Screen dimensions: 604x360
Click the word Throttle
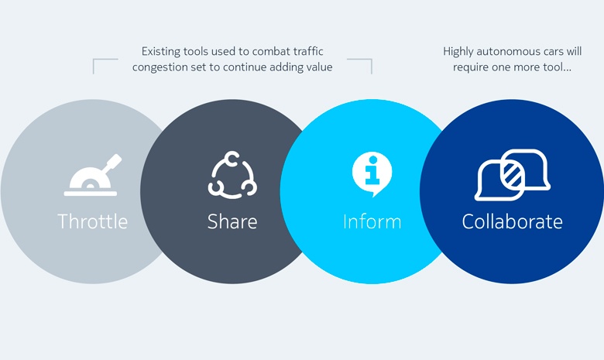tap(92, 221)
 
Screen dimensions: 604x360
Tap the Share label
tap(232, 221)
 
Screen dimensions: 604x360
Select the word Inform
tap(372, 221)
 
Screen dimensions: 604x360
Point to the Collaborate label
tap(513, 221)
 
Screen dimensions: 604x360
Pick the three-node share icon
tap(232, 175)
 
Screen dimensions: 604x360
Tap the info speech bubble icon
tap(372, 174)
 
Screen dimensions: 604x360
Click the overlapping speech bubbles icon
tap(513, 175)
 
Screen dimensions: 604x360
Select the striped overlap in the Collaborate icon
tap(513, 175)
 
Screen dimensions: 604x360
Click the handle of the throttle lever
tap(114, 162)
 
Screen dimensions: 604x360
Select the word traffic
tap(308, 52)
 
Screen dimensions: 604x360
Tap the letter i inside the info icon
tap(372, 170)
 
